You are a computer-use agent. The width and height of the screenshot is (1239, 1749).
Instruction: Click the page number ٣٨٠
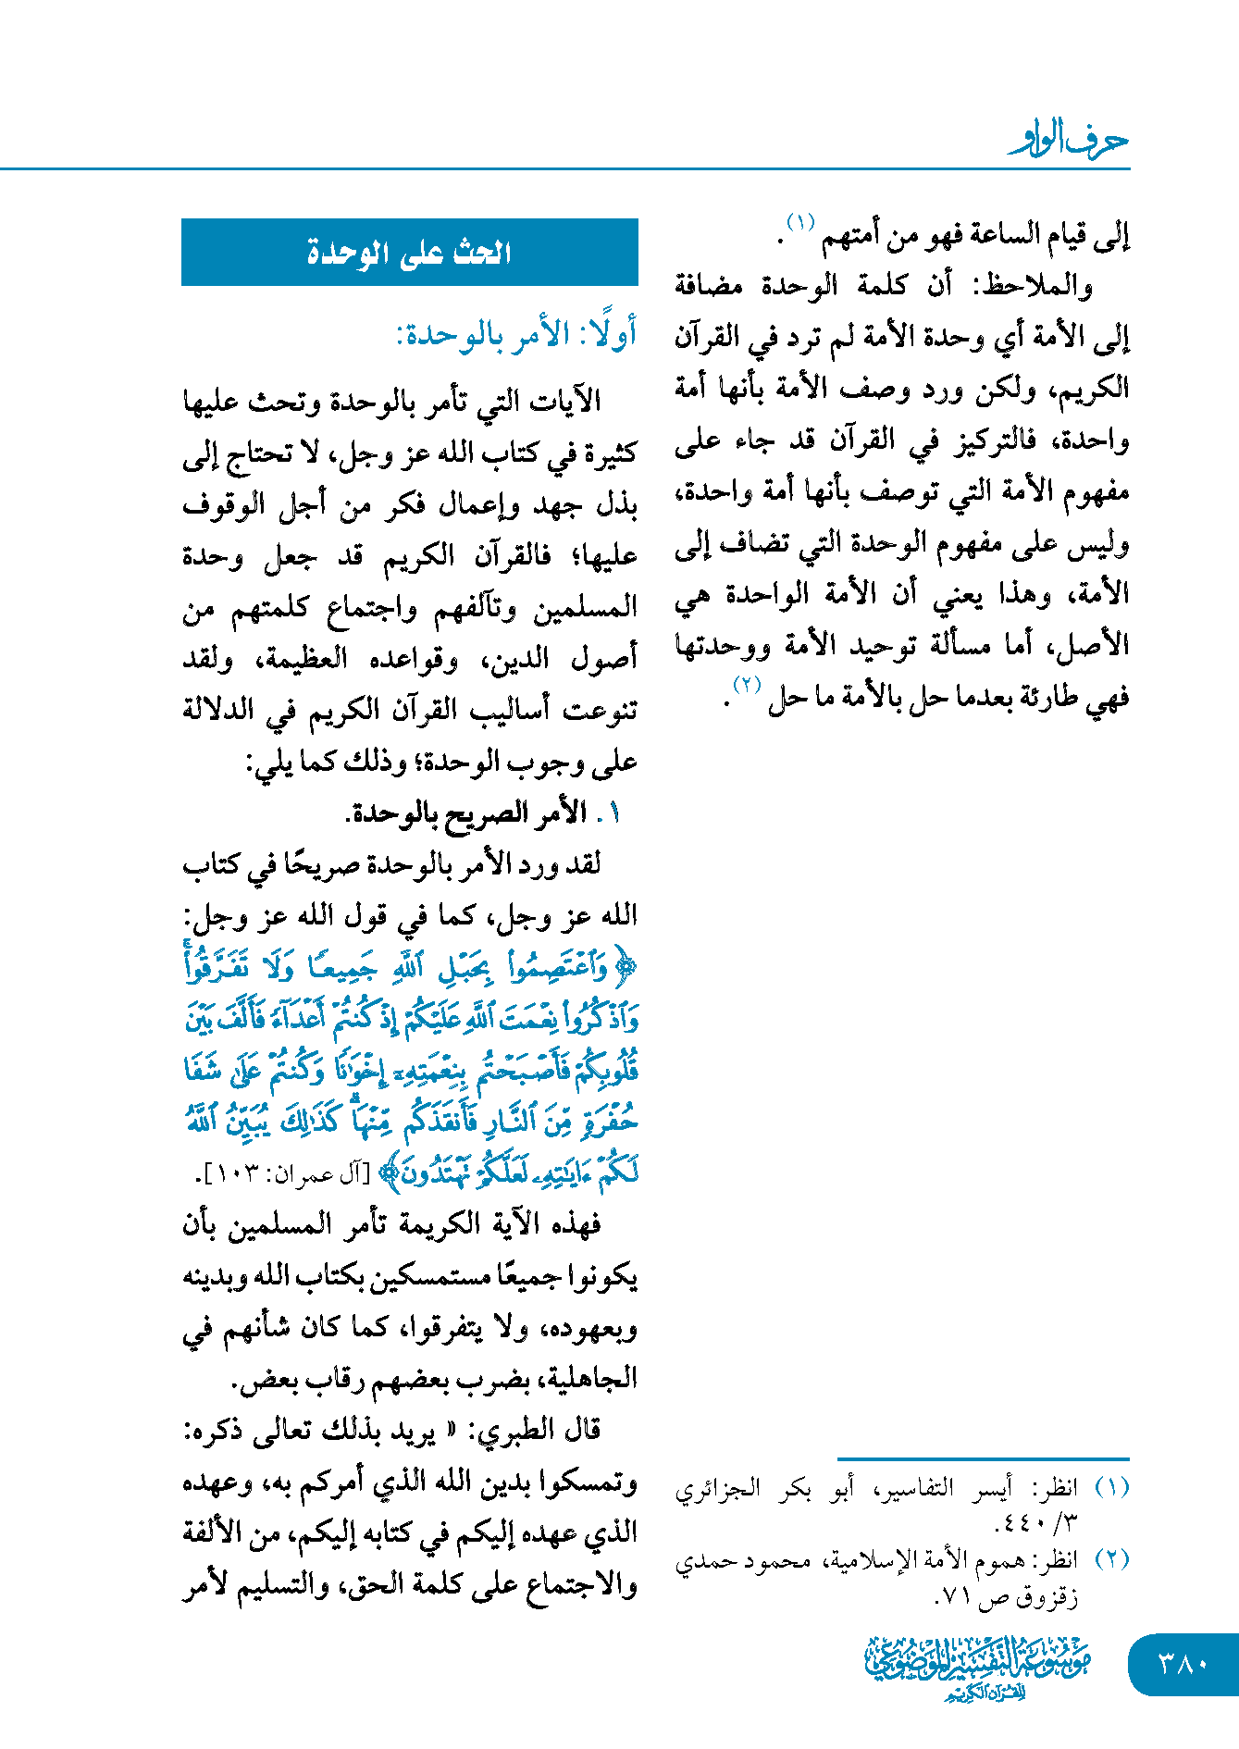(1183, 1664)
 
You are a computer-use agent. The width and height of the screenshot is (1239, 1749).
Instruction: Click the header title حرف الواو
(1069, 141)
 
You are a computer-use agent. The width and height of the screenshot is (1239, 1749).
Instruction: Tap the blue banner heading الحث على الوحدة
(409, 253)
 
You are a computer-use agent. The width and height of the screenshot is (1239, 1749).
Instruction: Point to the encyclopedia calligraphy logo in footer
(977, 1667)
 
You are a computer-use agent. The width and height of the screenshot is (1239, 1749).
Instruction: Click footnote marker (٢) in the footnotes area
(1111, 1559)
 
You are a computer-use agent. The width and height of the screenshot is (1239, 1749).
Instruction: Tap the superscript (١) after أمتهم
(800, 223)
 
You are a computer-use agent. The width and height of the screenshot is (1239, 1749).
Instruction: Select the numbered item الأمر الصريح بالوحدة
(468, 812)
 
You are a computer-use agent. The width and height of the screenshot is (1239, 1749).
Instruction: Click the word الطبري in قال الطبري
(513, 1431)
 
